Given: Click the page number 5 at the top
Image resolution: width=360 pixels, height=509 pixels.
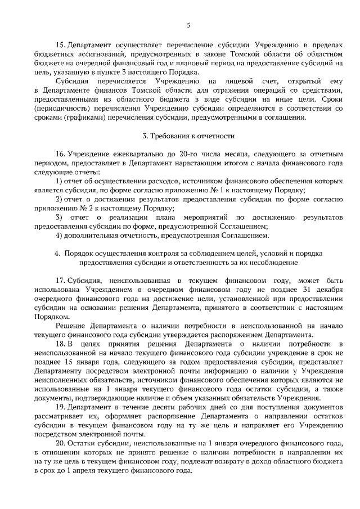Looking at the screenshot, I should click(188, 24).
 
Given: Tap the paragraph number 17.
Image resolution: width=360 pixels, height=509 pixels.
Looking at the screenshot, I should click(60, 280).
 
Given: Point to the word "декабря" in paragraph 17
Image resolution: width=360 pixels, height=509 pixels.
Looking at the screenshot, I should click(329, 289).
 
